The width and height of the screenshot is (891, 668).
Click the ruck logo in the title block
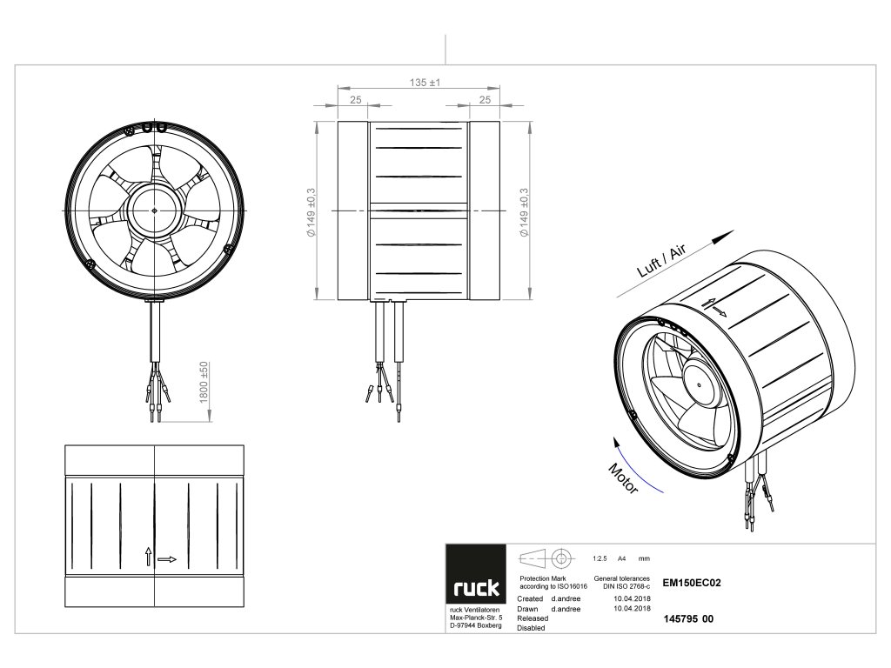pos(475,589)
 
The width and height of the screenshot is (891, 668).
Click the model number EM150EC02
pos(693,585)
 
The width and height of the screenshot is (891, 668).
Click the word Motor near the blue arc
pos(623,478)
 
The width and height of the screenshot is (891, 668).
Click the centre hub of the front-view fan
pos(153,210)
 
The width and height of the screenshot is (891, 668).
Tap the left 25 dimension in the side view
pos(355,100)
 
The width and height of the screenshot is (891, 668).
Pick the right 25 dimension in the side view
pos(485,100)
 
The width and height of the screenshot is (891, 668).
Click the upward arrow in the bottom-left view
pos(149,557)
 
